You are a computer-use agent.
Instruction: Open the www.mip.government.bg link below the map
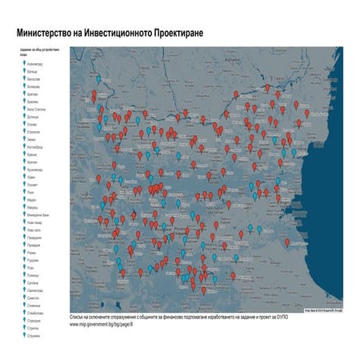point(101,325)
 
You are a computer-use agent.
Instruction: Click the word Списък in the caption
point(78,318)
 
